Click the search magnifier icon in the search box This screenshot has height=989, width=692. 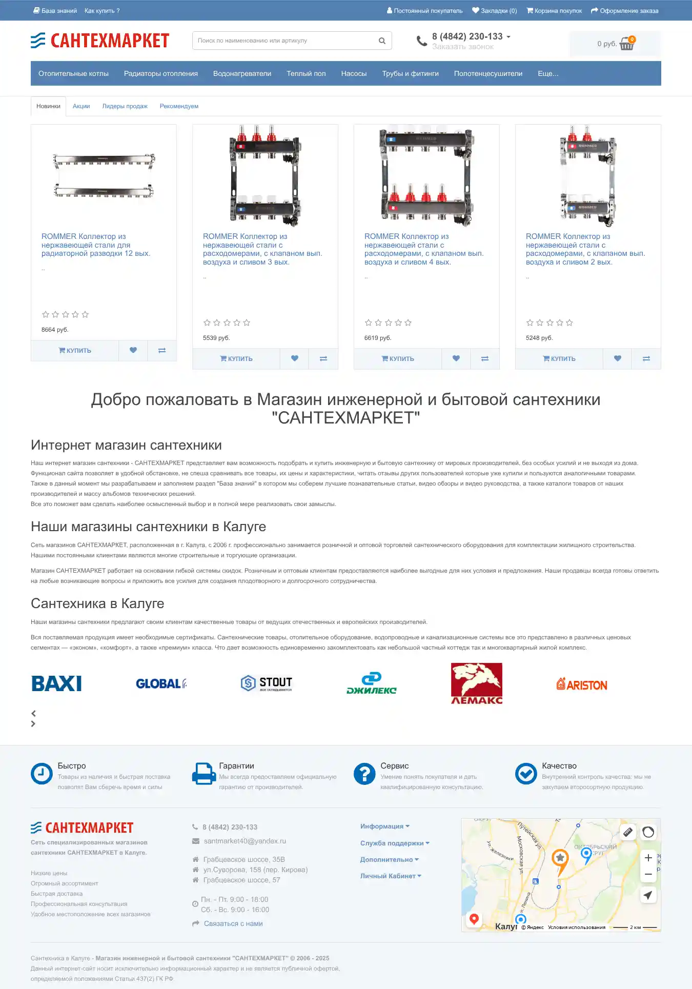382,41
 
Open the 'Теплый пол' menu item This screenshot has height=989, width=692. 306,73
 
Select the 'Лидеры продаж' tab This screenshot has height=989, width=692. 125,106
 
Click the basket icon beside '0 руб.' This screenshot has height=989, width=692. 627,44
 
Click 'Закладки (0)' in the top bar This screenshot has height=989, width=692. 495,11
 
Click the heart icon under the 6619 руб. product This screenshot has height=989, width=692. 456,358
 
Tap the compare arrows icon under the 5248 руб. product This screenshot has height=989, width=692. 646,358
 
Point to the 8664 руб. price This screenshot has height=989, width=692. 55,330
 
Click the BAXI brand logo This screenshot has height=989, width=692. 56,683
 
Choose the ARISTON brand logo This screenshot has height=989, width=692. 582,684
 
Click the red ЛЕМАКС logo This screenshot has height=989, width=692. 476,683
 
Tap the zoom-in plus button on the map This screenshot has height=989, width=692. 648,858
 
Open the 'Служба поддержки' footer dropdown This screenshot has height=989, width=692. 394,843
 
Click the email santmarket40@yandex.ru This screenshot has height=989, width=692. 245,841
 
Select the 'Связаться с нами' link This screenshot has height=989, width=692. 233,923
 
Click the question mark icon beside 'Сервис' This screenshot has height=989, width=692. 364,774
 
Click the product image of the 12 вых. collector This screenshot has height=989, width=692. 104,175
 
